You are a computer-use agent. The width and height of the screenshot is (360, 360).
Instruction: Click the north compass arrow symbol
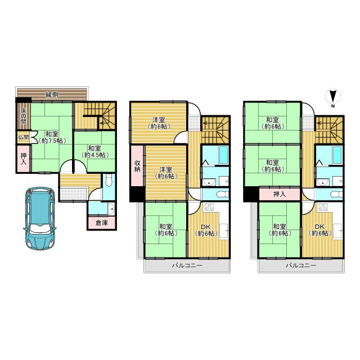pos(332,97)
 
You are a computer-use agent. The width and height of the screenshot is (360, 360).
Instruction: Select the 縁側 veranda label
pos(52,93)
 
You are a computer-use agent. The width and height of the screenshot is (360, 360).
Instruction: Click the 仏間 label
pos(23,137)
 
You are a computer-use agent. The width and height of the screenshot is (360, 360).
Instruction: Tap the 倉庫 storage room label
pos(102,223)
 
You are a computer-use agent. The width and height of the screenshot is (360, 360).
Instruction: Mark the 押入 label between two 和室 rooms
pos(280,194)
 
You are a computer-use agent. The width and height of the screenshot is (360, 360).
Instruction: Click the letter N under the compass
pos(332,106)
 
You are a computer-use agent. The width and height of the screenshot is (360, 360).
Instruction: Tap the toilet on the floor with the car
pos(109,181)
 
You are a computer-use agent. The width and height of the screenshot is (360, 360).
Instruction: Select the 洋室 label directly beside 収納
pos(165,172)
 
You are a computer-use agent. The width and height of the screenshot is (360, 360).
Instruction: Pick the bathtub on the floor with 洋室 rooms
pos(214,153)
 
